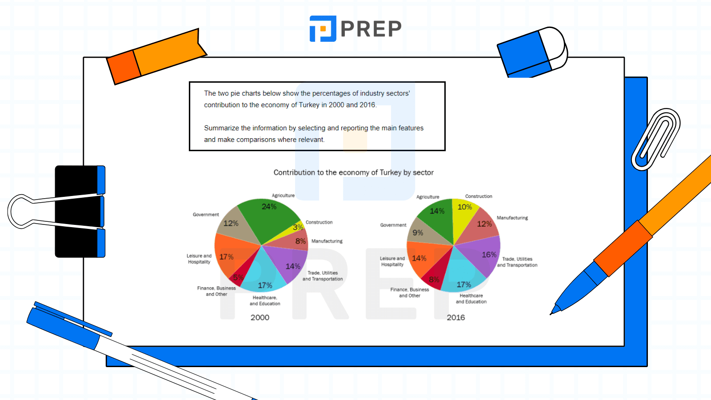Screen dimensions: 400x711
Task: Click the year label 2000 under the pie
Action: pos(260,317)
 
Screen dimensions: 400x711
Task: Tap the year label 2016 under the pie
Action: pos(456,317)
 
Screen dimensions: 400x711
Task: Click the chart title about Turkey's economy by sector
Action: pos(353,172)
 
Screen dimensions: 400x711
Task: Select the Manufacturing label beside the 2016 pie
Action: pos(512,218)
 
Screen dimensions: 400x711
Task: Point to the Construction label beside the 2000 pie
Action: pos(319,222)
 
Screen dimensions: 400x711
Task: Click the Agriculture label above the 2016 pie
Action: pos(427,197)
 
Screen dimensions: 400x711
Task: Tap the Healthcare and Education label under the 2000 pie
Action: pos(265,301)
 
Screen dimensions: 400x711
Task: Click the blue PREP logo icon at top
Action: pos(323,29)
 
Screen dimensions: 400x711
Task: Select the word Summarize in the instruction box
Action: pos(221,128)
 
